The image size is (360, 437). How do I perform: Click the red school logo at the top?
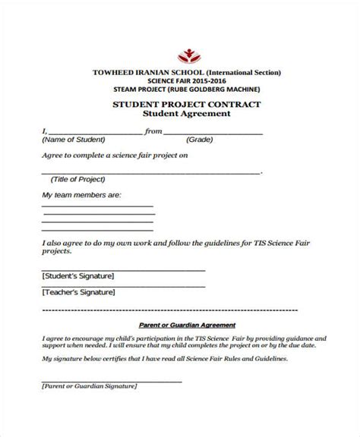click(187, 55)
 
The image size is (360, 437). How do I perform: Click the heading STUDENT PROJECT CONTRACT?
click(186, 104)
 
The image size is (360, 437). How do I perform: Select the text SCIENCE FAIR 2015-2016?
click(187, 80)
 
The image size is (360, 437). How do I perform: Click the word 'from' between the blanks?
click(153, 131)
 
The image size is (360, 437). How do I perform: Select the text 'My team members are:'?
click(81, 195)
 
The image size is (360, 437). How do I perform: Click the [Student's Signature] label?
click(78, 275)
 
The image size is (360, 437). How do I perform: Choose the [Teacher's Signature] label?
click(78, 292)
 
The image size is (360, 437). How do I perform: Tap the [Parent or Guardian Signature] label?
click(89, 386)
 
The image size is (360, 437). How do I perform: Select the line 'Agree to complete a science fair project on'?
click(114, 156)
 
